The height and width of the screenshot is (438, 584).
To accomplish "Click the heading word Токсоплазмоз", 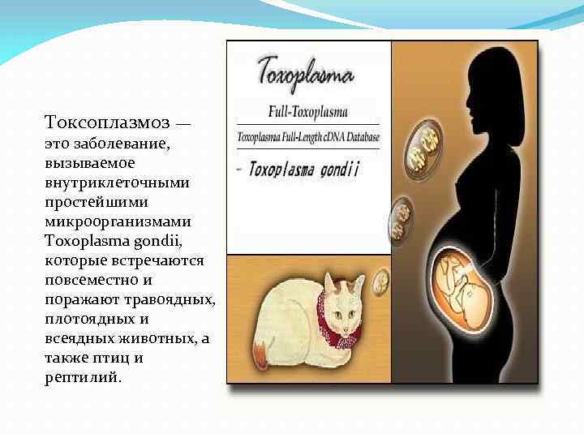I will coord(107,123).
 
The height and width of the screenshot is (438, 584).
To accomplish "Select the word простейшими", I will coord(92,202).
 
